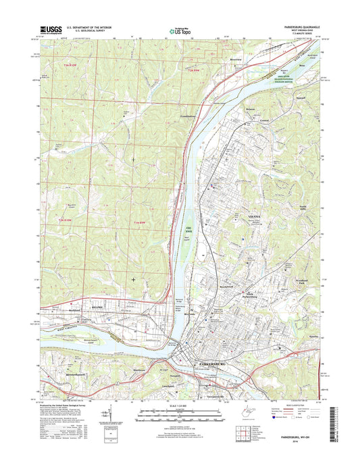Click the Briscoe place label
tap(251, 108)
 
